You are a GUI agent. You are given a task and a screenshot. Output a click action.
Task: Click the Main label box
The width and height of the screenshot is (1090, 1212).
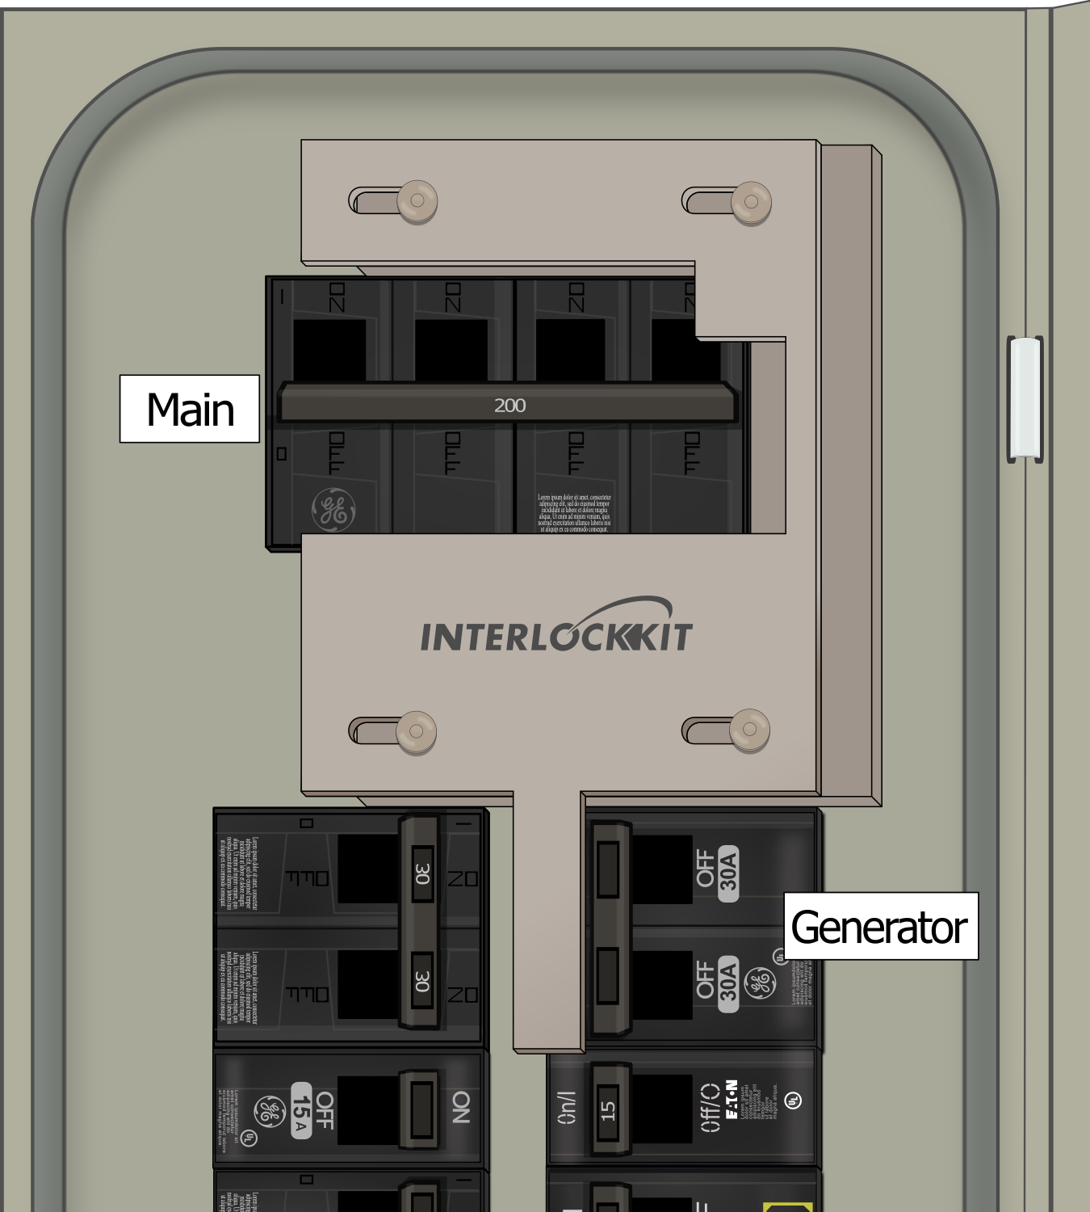(190, 409)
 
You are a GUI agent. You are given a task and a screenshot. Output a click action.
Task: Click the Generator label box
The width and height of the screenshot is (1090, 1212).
(880, 926)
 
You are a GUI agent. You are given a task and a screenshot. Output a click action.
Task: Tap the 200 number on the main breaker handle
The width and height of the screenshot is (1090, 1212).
(509, 405)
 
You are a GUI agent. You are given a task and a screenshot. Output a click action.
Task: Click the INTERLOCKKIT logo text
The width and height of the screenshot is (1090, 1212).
(556, 635)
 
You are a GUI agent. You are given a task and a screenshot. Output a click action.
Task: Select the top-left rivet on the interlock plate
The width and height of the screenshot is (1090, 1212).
(417, 200)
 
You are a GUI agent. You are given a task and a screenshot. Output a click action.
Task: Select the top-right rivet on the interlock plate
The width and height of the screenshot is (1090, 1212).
(751, 200)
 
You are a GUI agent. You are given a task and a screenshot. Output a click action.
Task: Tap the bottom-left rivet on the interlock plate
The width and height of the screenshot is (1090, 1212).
(416, 731)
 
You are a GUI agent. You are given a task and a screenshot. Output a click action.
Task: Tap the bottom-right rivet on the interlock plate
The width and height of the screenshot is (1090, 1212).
(749, 730)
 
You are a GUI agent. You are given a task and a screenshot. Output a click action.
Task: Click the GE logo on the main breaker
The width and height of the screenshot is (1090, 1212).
(333, 510)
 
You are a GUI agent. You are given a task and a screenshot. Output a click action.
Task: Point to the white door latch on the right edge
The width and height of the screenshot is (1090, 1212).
(1025, 399)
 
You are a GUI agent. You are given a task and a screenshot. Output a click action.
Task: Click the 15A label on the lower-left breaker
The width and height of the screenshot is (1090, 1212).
(301, 1110)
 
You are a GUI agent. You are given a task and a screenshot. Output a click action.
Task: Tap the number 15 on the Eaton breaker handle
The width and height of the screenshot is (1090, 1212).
(608, 1110)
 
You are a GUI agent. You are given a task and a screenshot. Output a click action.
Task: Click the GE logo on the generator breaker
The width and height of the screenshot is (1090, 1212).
(760, 983)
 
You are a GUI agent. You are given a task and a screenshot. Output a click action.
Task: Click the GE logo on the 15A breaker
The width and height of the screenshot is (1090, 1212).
(269, 1111)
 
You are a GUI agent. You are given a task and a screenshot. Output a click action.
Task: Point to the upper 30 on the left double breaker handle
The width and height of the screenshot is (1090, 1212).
(421, 873)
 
